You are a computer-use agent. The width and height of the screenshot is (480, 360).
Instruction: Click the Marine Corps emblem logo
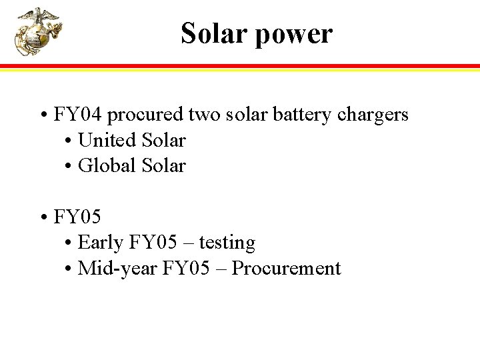click(38, 31)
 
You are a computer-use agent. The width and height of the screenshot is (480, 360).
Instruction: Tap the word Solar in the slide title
click(211, 33)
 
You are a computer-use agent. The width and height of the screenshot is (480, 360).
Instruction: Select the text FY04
click(77, 115)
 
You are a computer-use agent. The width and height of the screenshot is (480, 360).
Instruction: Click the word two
click(202, 115)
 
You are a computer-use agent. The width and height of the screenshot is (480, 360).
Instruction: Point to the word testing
click(227, 243)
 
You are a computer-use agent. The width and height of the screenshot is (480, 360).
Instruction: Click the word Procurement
click(286, 269)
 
